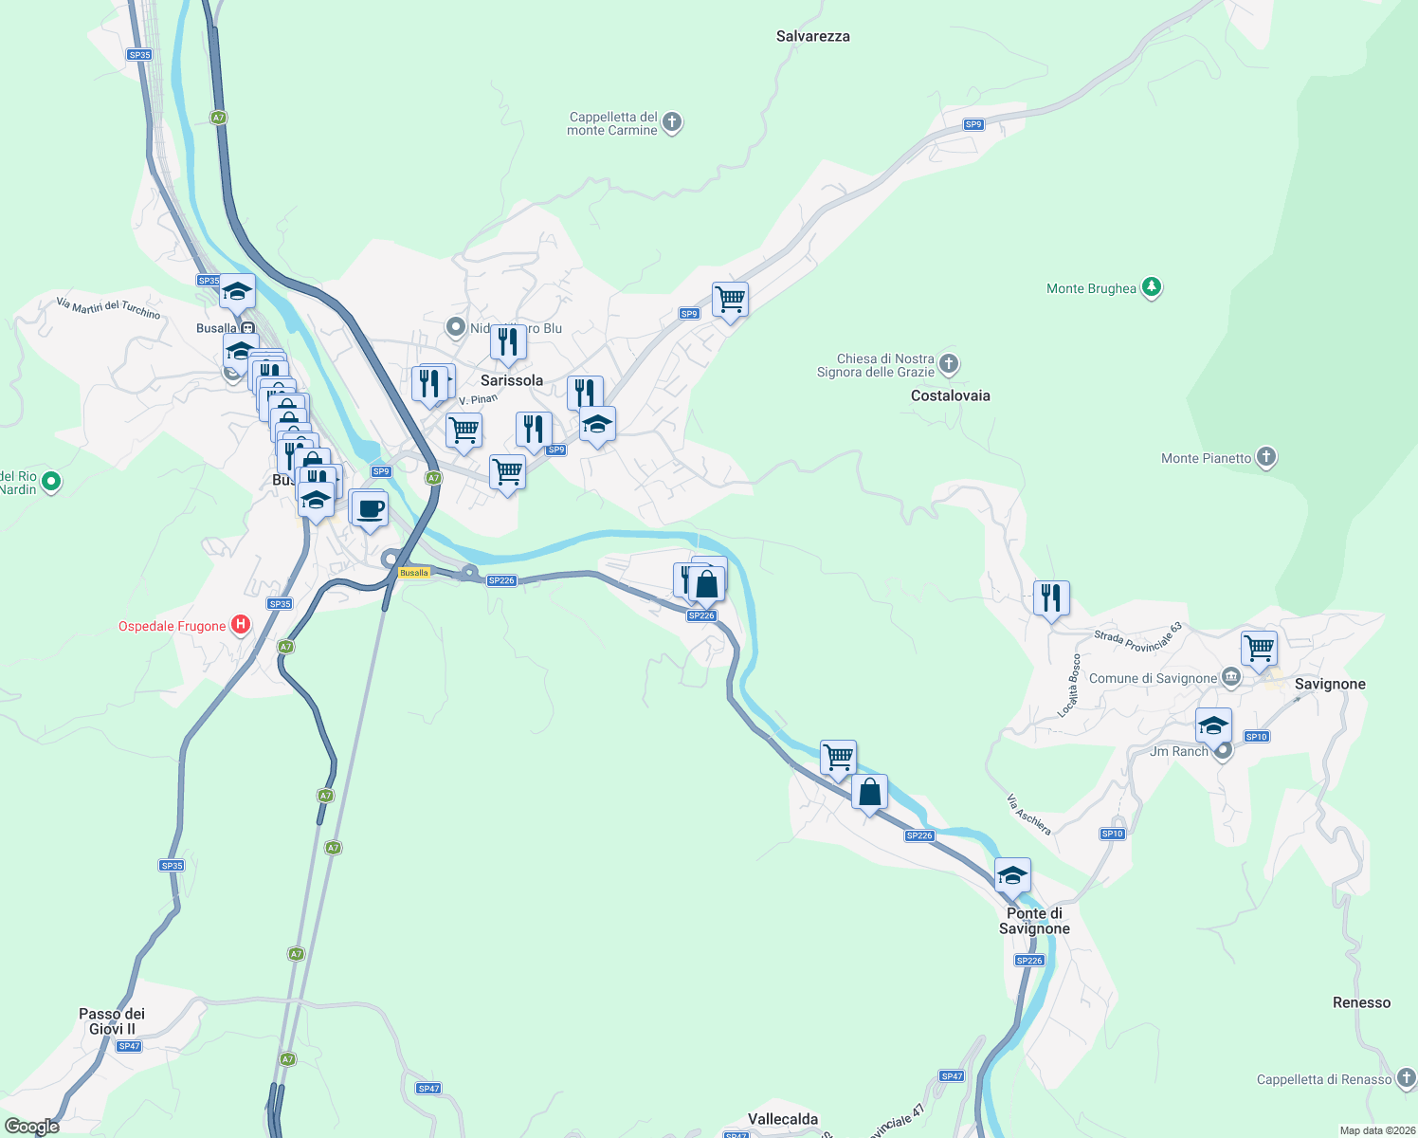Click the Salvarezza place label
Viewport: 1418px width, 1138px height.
(x=812, y=37)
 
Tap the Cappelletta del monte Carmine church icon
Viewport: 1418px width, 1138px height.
(x=672, y=122)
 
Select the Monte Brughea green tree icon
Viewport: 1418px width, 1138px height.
(x=1152, y=287)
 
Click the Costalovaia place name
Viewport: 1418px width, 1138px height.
(x=950, y=395)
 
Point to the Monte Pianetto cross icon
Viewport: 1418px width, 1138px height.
(x=1266, y=457)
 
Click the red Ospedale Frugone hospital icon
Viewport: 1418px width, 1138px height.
(x=242, y=625)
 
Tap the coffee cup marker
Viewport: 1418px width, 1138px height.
(x=371, y=508)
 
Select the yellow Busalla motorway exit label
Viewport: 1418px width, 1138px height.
(x=414, y=573)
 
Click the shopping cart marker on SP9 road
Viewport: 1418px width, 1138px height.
(x=730, y=300)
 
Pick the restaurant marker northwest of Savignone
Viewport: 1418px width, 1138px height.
(x=1051, y=598)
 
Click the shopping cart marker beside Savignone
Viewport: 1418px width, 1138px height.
(x=1259, y=649)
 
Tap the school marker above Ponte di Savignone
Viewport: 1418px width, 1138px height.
(x=1011, y=875)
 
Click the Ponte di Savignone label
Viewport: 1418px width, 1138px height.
(x=1034, y=921)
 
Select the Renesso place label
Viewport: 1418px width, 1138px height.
(x=1361, y=1002)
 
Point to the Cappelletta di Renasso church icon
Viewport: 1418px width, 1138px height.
(x=1406, y=1078)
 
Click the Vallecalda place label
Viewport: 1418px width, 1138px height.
(x=782, y=1119)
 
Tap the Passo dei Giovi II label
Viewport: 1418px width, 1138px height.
(x=112, y=1021)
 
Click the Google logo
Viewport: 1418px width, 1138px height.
(x=32, y=1127)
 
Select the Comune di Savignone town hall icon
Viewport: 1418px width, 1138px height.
(x=1231, y=677)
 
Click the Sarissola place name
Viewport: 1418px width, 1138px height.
(x=512, y=380)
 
